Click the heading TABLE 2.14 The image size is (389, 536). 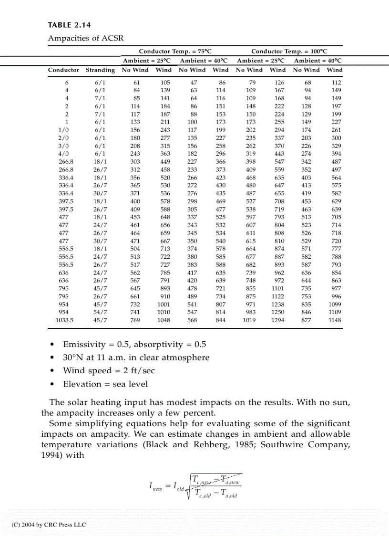[x=69, y=25]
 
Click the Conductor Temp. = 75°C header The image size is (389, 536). [x=175, y=51]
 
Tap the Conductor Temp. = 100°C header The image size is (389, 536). [x=289, y=51]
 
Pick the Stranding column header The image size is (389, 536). [x=100, y=70]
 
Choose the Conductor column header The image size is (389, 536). [x=63, y=70]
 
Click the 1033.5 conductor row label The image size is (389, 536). [x=65, y=320]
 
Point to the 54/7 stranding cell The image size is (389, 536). [x=100, y=312]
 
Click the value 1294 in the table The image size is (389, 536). [x=277, y=320]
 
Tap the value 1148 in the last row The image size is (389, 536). [x=335, y=320]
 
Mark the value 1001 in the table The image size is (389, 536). [x=164, y=305]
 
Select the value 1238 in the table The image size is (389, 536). [x=277, y=305]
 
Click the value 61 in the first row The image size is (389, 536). [x=136, y=82]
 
